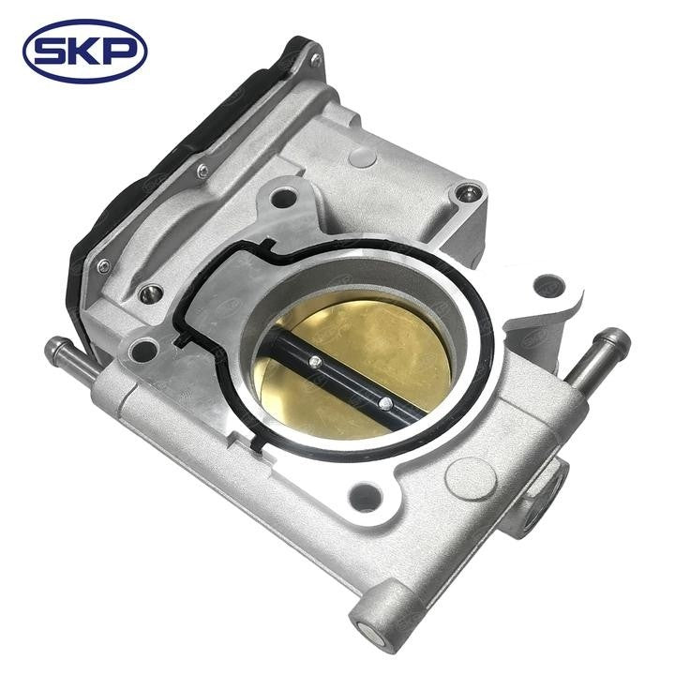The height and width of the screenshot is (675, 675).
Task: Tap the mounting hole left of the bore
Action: pos(145,352)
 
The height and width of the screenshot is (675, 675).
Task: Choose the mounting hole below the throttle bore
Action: pos(365,496)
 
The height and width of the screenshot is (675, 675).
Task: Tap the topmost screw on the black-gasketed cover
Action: pos(315,61)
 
